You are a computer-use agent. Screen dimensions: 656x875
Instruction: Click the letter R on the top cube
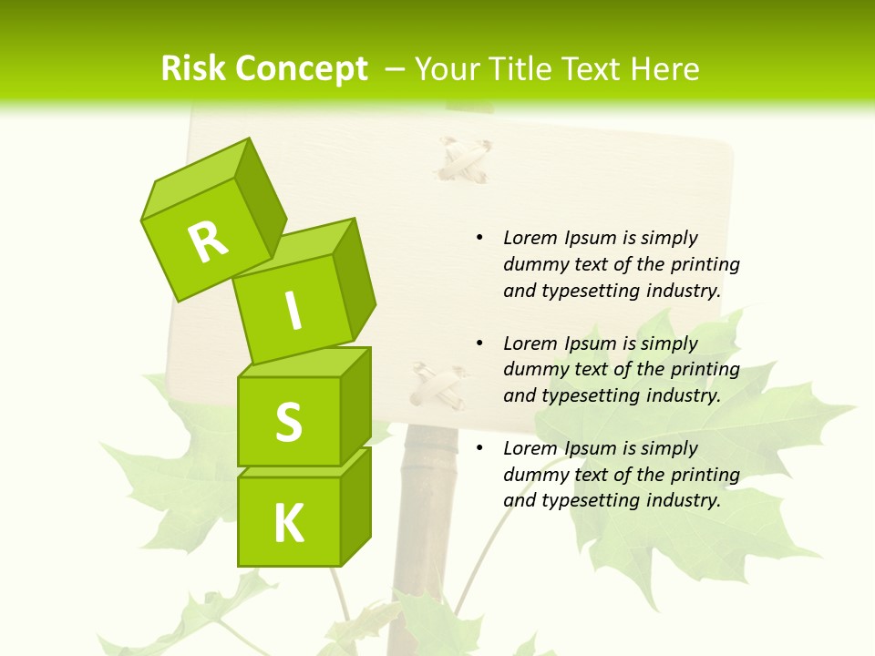click(208, 241)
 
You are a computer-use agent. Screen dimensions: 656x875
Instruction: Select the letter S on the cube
click(288, 422)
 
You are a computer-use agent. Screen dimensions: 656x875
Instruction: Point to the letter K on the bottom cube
click(288, 524)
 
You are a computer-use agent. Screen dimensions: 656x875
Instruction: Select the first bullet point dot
click(479, 238)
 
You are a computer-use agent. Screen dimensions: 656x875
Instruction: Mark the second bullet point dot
click(479, 343)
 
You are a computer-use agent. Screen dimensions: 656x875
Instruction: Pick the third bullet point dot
click(479, 448)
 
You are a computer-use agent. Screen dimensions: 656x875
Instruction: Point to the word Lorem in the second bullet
click(530, 343)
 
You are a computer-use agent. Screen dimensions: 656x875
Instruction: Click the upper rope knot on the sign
click(463, 160)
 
